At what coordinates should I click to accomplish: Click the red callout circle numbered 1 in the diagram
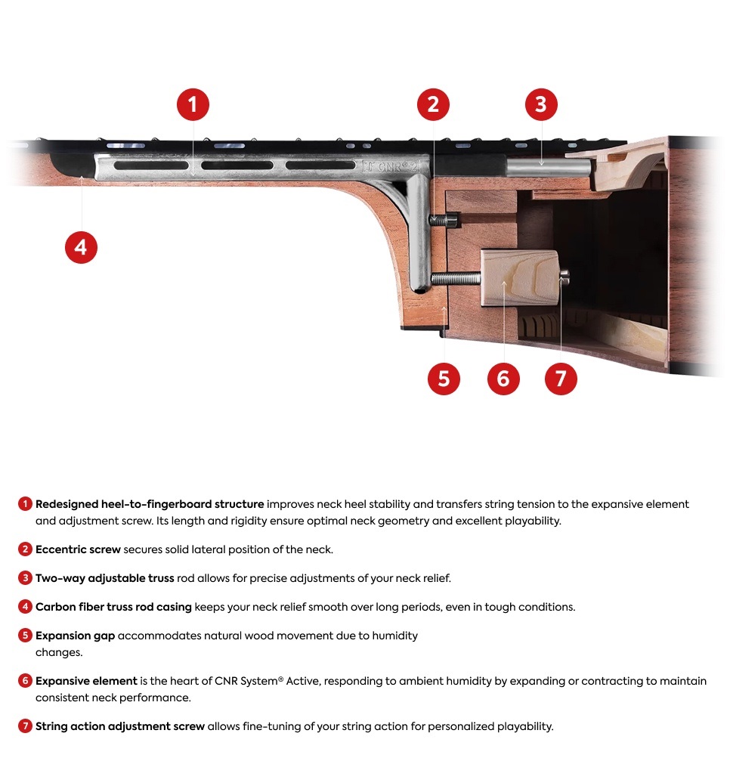193,104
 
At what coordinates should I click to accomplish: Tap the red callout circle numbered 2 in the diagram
432,104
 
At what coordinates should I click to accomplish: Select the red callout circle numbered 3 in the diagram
540,104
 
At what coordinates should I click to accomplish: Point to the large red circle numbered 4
81,247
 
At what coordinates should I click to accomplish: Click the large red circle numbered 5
444,379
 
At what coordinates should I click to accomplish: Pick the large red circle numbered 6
503,379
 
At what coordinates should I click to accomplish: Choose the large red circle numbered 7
561,379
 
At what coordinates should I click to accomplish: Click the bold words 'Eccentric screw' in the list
78,549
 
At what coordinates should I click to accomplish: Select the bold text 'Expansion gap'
75,636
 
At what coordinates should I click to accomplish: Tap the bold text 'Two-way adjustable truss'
105,578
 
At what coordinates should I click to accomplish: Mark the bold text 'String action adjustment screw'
119,726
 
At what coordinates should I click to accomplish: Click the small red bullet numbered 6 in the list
24,681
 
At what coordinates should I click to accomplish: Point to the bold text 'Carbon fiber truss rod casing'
113,607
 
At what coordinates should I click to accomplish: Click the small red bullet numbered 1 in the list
24,504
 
